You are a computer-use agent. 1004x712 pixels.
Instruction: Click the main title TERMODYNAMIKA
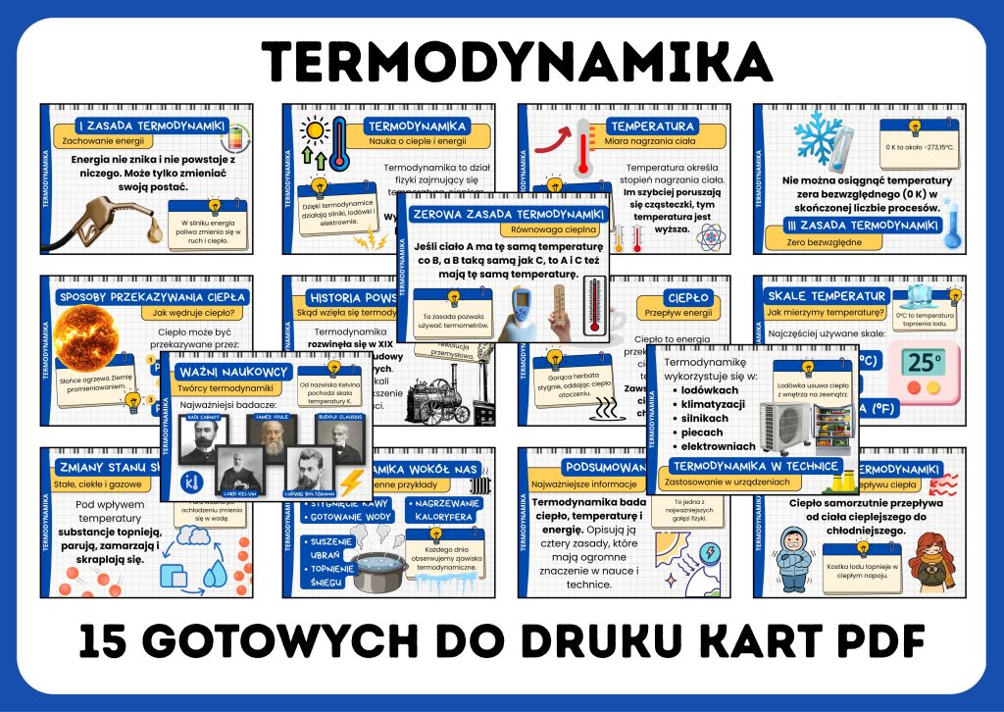click(501, 60)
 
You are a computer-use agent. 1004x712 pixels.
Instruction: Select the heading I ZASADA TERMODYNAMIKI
click(153, 126)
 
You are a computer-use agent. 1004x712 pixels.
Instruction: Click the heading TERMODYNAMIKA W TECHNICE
click(756, 465)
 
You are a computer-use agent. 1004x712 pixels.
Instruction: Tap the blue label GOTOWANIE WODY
click(350, 517)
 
